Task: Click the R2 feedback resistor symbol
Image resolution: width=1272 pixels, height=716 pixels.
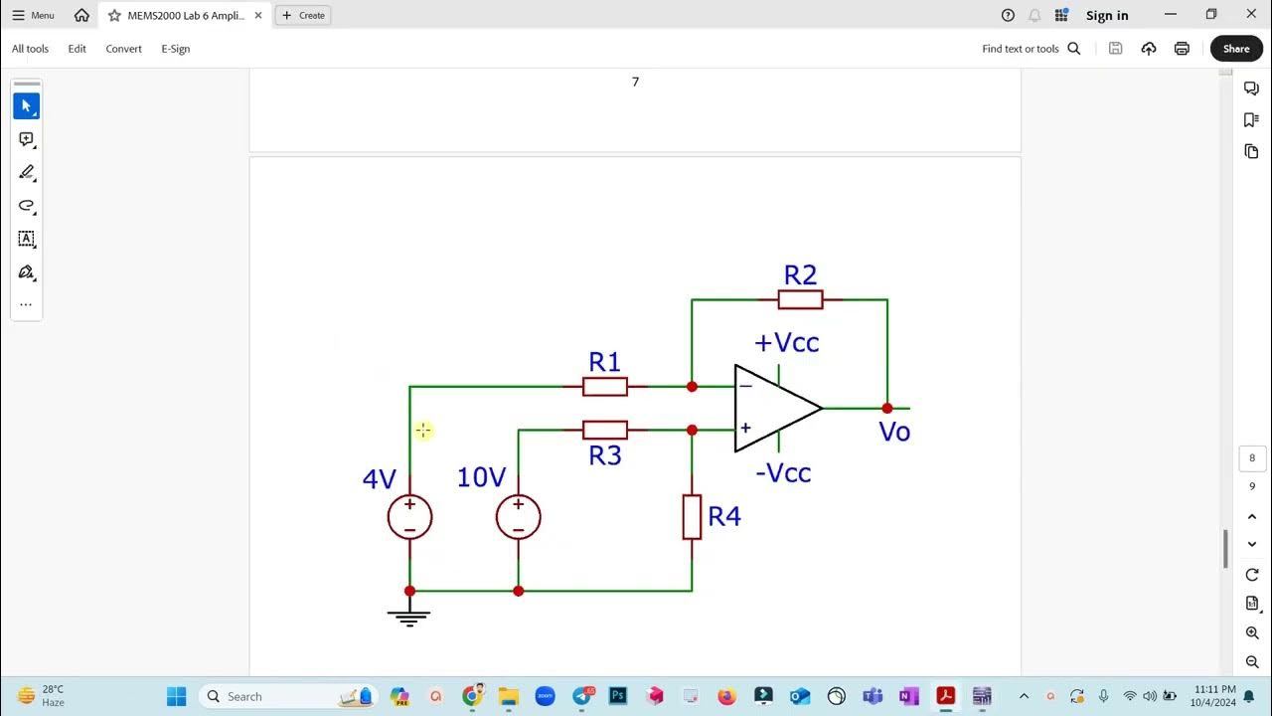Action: click(x=800, y=299)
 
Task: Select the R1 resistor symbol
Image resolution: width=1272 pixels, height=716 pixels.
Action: click(x=605, y=387)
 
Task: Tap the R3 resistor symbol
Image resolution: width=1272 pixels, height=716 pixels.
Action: click(x=605, y=430)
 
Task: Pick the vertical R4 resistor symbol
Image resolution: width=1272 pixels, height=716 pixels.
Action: click(x=692, y=517)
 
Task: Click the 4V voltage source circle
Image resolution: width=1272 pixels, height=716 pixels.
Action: click(x=409, y=517)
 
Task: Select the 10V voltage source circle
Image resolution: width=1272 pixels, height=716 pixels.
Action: click(x=518, y=517)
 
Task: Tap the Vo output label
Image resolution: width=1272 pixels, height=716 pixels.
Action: click(x=894, y=432)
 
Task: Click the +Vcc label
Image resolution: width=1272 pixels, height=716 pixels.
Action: click(x=786, y=343)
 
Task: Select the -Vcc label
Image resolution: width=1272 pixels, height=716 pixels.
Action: click(x=783, y=473)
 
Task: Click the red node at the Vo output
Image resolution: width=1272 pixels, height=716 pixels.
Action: click(x=887, y=408)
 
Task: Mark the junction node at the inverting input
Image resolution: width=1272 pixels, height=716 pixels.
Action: click(x=692, y=387)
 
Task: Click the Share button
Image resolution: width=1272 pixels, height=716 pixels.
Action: click(x=1236, y=49)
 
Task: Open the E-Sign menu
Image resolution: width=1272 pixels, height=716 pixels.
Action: click(x=175, y=49)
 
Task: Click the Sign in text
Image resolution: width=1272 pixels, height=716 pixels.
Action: click(x=1107, y=15)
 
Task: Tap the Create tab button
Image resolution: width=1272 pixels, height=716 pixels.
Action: click(x=303, y=15)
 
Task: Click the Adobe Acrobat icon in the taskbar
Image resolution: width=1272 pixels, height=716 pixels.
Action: click(x=945, y=696)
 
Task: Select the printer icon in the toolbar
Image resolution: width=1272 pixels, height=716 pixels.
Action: click(x=1182, y=49)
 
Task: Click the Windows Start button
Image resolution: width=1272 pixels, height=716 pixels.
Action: click(x=176, y=696)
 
